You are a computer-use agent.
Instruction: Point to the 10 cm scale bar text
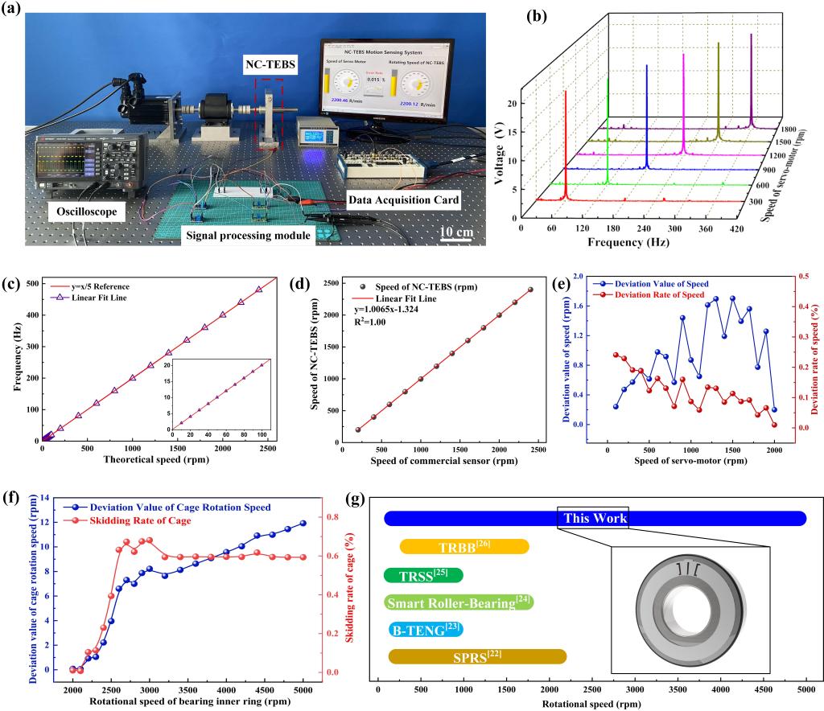click(x=456, y=233)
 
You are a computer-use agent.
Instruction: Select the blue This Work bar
click(x=595, y=519)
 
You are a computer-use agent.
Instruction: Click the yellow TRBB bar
click(x=464, y=547)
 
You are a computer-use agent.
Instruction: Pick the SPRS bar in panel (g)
click(x=477, y=657)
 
